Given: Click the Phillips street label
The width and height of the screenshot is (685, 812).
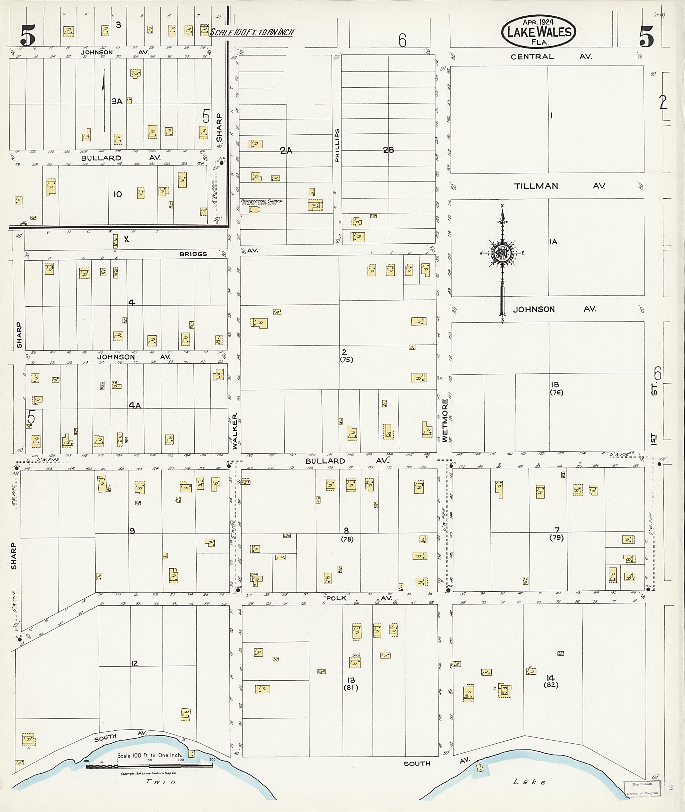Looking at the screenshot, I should click(337, 145).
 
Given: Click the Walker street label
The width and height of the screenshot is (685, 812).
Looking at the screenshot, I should click(234, 431).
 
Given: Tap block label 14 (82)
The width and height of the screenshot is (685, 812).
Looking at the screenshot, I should click(551, 681).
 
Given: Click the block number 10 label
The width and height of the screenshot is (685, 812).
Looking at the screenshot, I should click(118, 195).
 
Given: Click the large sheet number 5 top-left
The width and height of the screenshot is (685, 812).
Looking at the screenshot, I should click(28, 35).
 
